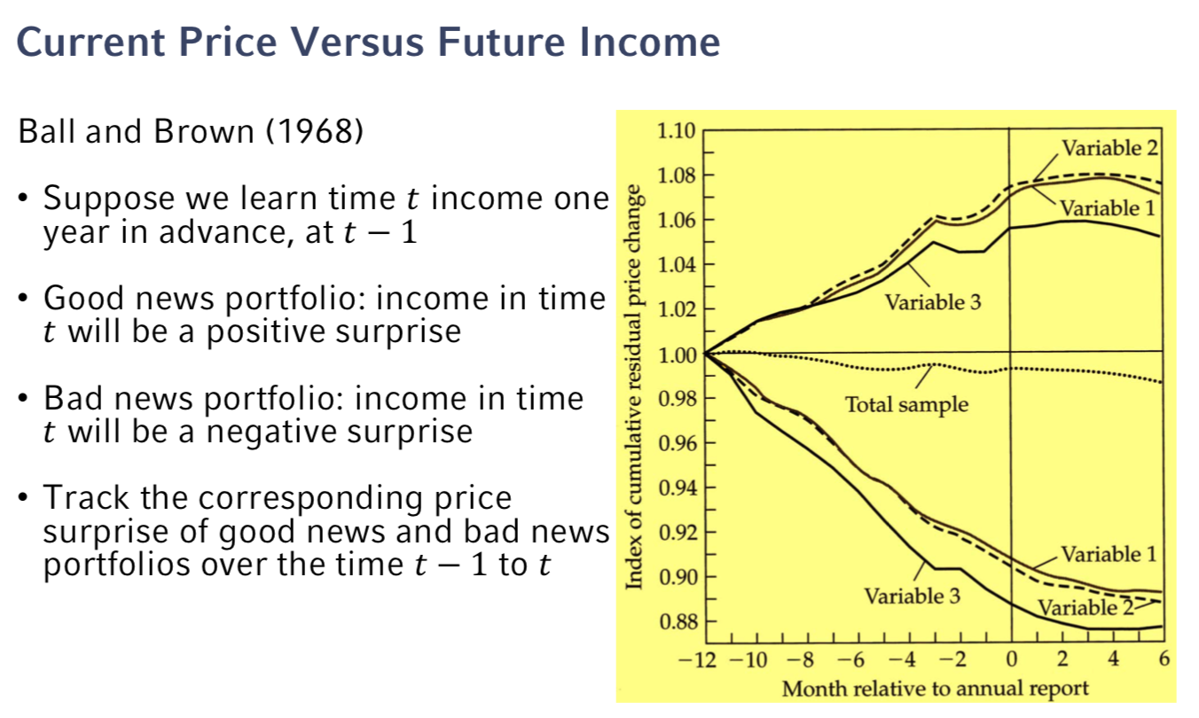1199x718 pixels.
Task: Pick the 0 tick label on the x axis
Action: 1011,660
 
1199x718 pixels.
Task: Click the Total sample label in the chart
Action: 906,406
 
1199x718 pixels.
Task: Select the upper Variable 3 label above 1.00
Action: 933,303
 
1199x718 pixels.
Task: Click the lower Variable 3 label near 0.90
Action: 913,596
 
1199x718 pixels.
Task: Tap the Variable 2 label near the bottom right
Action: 1084,608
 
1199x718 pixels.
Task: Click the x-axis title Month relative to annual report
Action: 935,689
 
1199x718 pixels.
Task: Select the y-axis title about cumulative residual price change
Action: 635,386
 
